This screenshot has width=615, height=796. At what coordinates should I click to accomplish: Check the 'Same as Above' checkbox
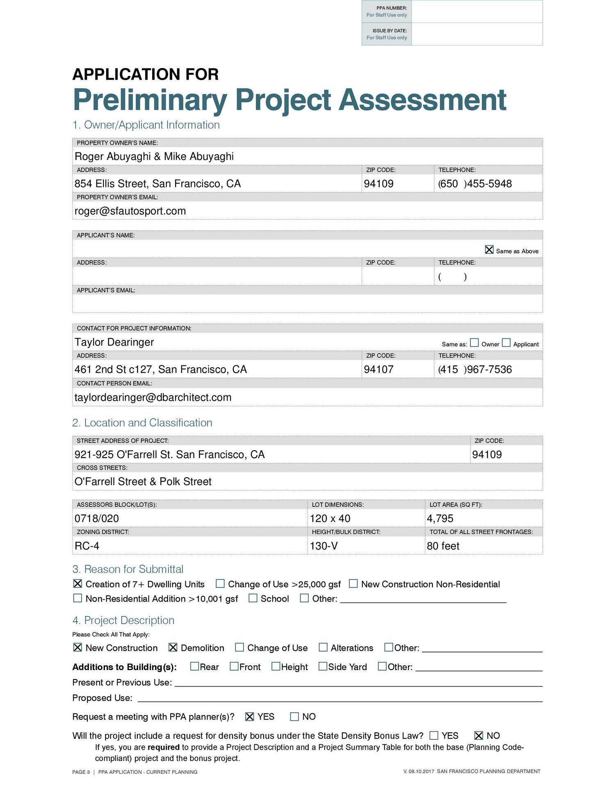point(489,250)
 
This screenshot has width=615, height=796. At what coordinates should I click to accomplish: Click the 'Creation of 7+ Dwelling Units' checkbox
point(77,584)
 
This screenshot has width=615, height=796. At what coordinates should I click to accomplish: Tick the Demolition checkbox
point(173,648)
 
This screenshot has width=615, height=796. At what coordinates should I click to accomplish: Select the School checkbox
point(253,598)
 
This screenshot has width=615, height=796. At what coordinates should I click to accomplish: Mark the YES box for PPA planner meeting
point(250,716)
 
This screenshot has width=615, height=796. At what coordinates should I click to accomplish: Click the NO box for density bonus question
point(478,735)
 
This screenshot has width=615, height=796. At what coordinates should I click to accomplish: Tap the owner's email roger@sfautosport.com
point(130,211)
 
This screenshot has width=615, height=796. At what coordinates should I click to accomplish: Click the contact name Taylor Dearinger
point(114,342)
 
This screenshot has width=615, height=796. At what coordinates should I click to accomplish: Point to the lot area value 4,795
point(440,519)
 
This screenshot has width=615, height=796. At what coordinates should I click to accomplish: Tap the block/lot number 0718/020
point(97,519)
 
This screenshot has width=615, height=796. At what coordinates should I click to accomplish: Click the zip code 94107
point(378,369)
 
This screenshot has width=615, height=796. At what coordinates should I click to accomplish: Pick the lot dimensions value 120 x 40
point(330,519)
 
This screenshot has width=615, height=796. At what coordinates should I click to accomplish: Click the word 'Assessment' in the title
point(422,100)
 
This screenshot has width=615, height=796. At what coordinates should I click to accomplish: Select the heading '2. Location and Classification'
point(142,423)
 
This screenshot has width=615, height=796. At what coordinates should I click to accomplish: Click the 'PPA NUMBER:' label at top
point(392,8)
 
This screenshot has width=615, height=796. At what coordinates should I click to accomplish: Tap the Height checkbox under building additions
point(276,666)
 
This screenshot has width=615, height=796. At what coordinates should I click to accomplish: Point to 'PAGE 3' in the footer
point(81,772)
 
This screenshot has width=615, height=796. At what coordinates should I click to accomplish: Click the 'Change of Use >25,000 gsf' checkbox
point(220,584)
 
